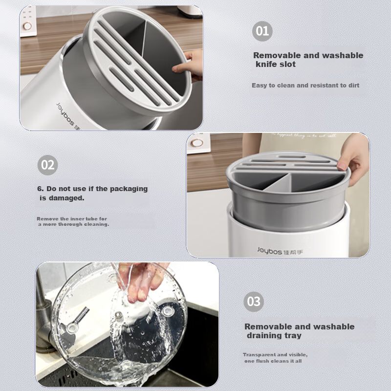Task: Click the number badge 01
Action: point(262,31)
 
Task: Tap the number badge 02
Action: point(47,165)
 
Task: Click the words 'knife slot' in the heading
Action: point(275,64)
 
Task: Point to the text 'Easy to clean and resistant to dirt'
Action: point(305,86)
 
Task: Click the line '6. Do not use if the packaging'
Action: point(92,189)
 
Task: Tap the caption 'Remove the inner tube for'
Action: point(72,218)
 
